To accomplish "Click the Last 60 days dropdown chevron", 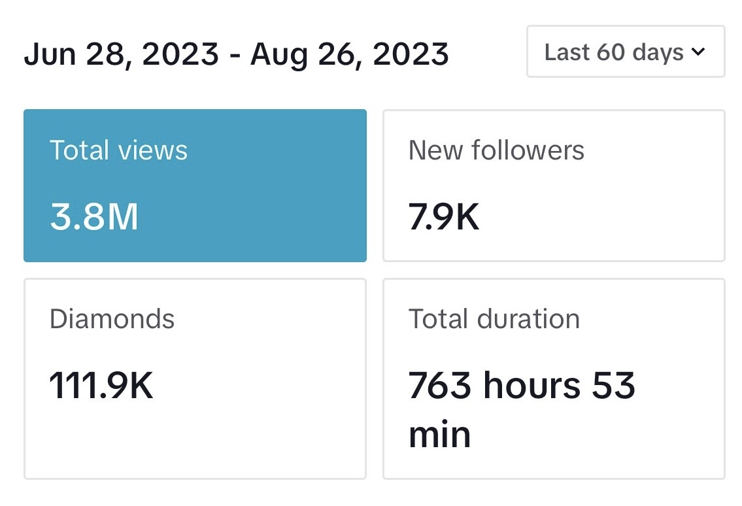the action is (x=698, y=52).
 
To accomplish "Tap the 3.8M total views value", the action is (x=94, y=217).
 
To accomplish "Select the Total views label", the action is (x=118, y=150).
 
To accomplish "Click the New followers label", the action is (x=496, y=150).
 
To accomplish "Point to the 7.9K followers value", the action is (x=444, y=217).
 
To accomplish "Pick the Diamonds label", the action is (x=112, y=318).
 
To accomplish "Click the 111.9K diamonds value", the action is (x=101, y=385).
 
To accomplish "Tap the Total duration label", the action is (x=494, y=318).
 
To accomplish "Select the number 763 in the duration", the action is (x=440, y=385).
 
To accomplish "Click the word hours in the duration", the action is (x=532, y=384).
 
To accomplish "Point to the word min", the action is (x=439, y=435).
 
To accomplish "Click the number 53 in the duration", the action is (x=613, y=385).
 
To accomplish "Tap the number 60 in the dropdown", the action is (x=611, y=52).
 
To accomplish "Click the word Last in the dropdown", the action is (x=566, y=52).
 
